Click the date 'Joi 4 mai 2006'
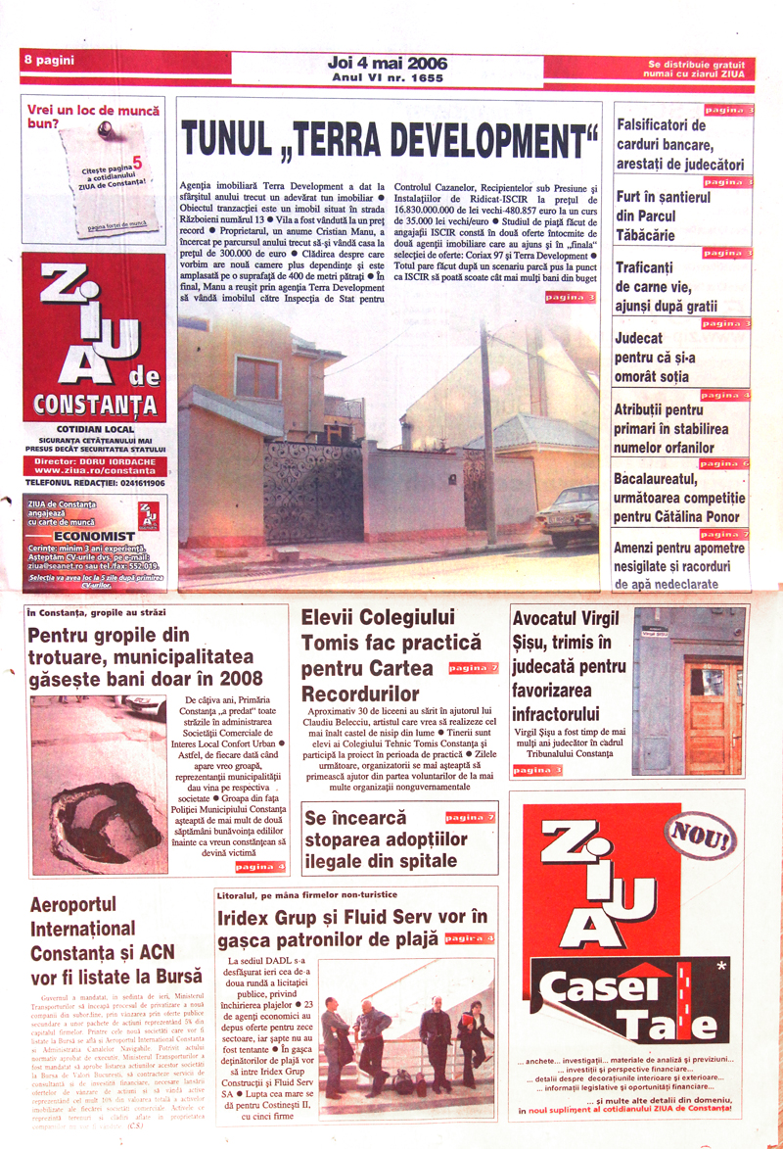tap(389, 64)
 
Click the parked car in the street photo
tap(567, 513)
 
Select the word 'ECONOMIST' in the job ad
tap(94, 536)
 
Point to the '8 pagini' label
tap(49, 61)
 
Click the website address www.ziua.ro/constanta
tap(93, 471)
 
